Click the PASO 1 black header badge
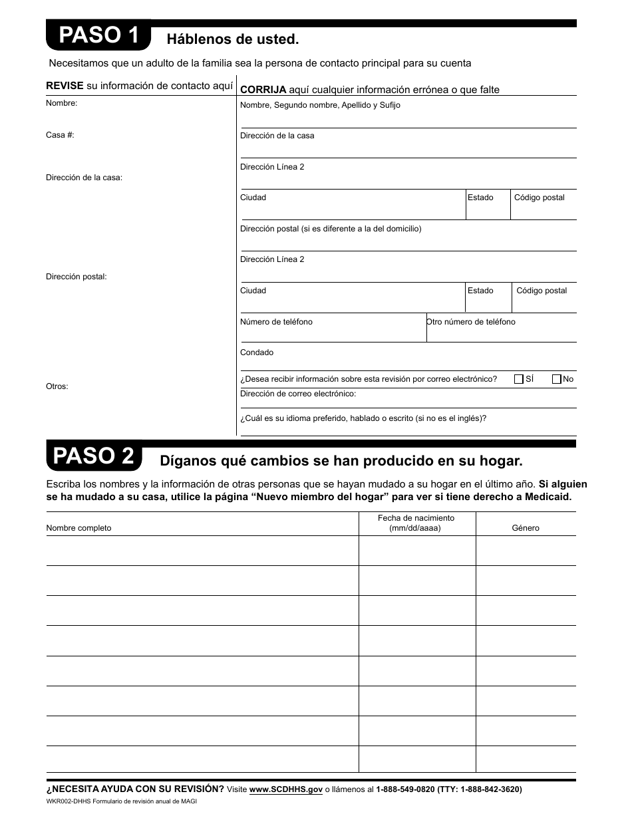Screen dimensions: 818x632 [98, 36]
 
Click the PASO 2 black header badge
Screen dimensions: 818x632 [94, 457]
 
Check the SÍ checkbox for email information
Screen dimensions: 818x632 [519, 379]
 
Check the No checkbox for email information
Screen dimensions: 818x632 [557, 379]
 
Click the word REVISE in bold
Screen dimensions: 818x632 [65, 86]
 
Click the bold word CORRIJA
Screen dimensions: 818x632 [263, 90]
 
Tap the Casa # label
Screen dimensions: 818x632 [60, 135]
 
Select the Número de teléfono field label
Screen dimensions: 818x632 [276, 322]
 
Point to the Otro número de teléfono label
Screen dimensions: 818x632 [471, 322]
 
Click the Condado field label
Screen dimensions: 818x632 [257, 352]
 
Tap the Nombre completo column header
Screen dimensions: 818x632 [79, 528]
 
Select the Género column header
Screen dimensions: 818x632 [526, 528]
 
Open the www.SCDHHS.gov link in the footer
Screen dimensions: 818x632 [286, 789]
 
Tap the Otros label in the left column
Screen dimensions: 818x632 [57, 386]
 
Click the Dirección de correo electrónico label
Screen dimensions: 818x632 [298, 394]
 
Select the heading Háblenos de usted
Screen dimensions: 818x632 [233, 39]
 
